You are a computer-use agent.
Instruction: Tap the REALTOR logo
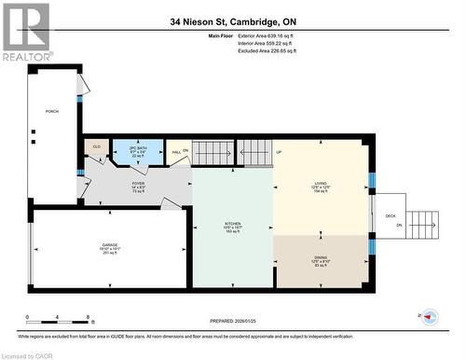(25, 32)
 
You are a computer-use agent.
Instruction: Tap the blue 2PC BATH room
(137, 152)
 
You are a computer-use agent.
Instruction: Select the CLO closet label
(96, 147)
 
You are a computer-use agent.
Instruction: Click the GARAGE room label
(110, 248)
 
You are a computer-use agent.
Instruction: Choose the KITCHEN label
(232, 225)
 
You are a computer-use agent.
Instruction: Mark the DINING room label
(321, 261)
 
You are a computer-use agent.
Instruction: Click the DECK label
(391, 216)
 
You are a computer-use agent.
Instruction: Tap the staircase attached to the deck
(422, 224)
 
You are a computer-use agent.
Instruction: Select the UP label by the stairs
(278, 152)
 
